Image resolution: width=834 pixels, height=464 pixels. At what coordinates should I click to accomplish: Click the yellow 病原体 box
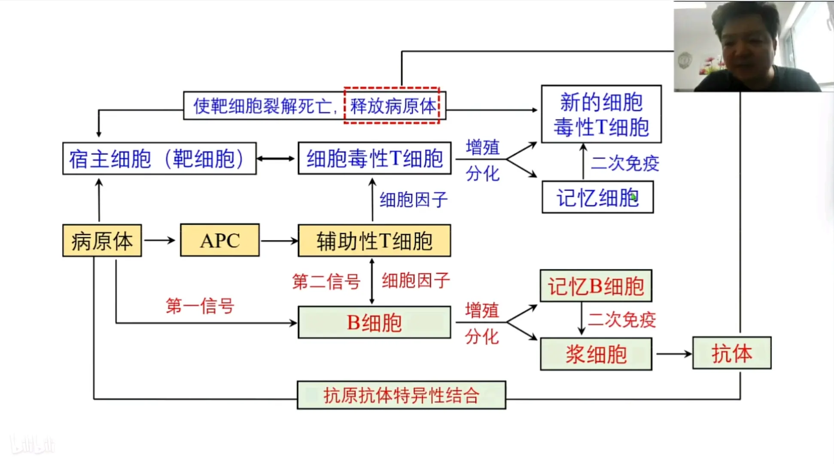coord(102,241)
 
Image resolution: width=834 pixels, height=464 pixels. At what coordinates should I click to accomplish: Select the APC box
coord(219,240)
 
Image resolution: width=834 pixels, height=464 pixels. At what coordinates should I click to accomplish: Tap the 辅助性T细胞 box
coord(374,241)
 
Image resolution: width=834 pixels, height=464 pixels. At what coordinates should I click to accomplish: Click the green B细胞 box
coord(374,323)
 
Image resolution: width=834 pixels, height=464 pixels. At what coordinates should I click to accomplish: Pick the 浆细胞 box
coord(596,354)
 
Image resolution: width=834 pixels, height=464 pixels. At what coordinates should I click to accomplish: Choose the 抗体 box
coord(731,353)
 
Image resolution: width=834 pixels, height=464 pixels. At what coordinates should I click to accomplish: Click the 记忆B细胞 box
coord(596,286)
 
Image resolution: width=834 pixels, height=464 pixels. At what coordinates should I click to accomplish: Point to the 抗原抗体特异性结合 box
coord(401,395)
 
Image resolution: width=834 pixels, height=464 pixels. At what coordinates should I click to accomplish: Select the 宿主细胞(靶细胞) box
coord(159,159)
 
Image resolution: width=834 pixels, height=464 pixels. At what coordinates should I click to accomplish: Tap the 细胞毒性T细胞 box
coord(374,159)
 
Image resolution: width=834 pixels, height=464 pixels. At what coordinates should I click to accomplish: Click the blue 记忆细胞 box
coord(597,197)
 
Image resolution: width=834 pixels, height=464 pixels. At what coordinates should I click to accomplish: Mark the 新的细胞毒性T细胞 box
coord(601,114)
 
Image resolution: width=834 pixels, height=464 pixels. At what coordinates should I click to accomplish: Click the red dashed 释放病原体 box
coord(392,106)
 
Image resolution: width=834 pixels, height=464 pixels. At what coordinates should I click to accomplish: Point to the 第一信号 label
coord(200,306)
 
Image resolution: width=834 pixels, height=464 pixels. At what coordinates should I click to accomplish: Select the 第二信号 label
coord(326,282)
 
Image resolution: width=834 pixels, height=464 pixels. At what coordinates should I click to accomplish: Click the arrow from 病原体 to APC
coord(160,240)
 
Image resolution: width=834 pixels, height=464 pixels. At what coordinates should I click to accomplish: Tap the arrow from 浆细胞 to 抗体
coord(673,354)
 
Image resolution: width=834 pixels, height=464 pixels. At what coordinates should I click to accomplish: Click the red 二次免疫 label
coord(621,320)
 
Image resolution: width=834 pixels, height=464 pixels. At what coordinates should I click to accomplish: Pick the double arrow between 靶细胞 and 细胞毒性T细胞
coord(276,159)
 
